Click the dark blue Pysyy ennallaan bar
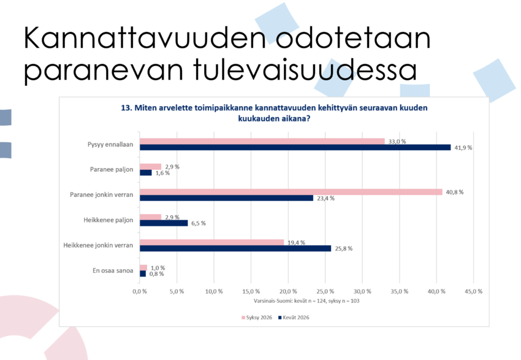tap(295, 147)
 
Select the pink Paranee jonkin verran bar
tap(291, 192)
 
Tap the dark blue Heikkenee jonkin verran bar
tap(235, 248)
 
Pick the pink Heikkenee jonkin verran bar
tap(211, 242)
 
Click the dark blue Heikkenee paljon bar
tap(164, 223)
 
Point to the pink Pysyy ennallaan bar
tap(262, 141)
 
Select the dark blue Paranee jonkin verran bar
tap(226, 197)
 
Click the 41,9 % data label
tap(463, 148)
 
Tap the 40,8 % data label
tap(455, 192)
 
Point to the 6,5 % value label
tap(199, 223)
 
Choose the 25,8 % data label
tap(344, 248)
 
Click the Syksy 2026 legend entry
tap(257, 318)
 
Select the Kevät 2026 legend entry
tap(294, 318)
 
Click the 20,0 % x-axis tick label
tap(288, 291)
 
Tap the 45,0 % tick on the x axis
tap(473, 291)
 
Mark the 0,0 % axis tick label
tap(140, 291)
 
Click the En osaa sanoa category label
tap(113, 270)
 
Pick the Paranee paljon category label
tap(112, 169)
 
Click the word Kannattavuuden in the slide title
tap(145, 37)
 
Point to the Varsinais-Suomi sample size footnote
tap(306, 301)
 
